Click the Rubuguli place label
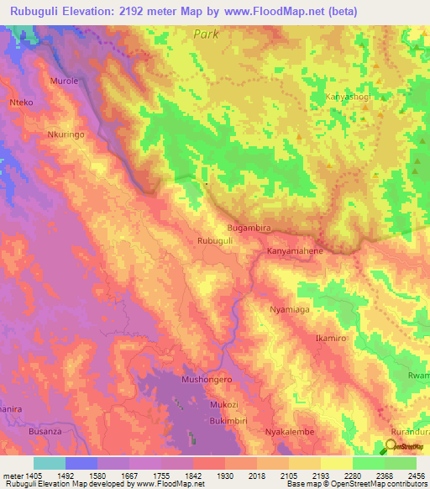point(214,240)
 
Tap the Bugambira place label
point(249,228)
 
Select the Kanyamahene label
point(295,251)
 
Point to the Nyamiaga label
point(289,310)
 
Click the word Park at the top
point(205,34)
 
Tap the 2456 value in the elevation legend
point(415,475)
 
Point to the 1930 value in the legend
point(224,475)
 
